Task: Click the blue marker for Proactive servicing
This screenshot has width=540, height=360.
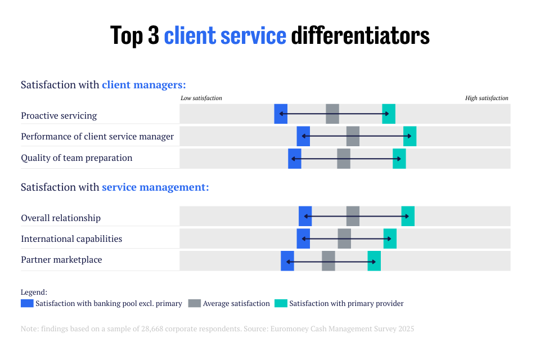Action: tap(281, 114)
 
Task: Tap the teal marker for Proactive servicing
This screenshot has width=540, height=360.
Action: tap(389, 114)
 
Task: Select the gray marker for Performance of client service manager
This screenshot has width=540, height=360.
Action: tap(353, 136)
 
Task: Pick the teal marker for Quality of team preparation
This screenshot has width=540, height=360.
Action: tap(399, 159)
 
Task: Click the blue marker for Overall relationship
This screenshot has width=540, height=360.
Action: tap(305, 216)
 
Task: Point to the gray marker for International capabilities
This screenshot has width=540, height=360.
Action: tap(344, 238)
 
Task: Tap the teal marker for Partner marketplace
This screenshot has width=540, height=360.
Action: tap(374, 261)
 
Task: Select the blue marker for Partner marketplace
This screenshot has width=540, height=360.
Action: tap(287, 261)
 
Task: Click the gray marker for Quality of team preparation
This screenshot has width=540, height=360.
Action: tap(344, 159)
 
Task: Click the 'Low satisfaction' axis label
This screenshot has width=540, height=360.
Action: tap(201, 98)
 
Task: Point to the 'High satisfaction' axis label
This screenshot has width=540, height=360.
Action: tap(487, 98)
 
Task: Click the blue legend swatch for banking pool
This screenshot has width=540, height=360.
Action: tap(27, 303)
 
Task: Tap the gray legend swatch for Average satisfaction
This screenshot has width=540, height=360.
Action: tap(195, 303)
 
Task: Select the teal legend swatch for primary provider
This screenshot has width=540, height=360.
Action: tap(281, 303)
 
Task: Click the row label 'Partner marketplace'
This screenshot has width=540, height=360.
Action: tap(61, 260)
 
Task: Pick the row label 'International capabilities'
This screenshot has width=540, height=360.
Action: tap(71, 238)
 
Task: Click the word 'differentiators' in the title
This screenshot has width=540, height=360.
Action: tap(360, 35)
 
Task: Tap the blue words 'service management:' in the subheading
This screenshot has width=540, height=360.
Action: tap(155, 187)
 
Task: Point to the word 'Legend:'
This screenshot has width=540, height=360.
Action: tap(34, 292)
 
